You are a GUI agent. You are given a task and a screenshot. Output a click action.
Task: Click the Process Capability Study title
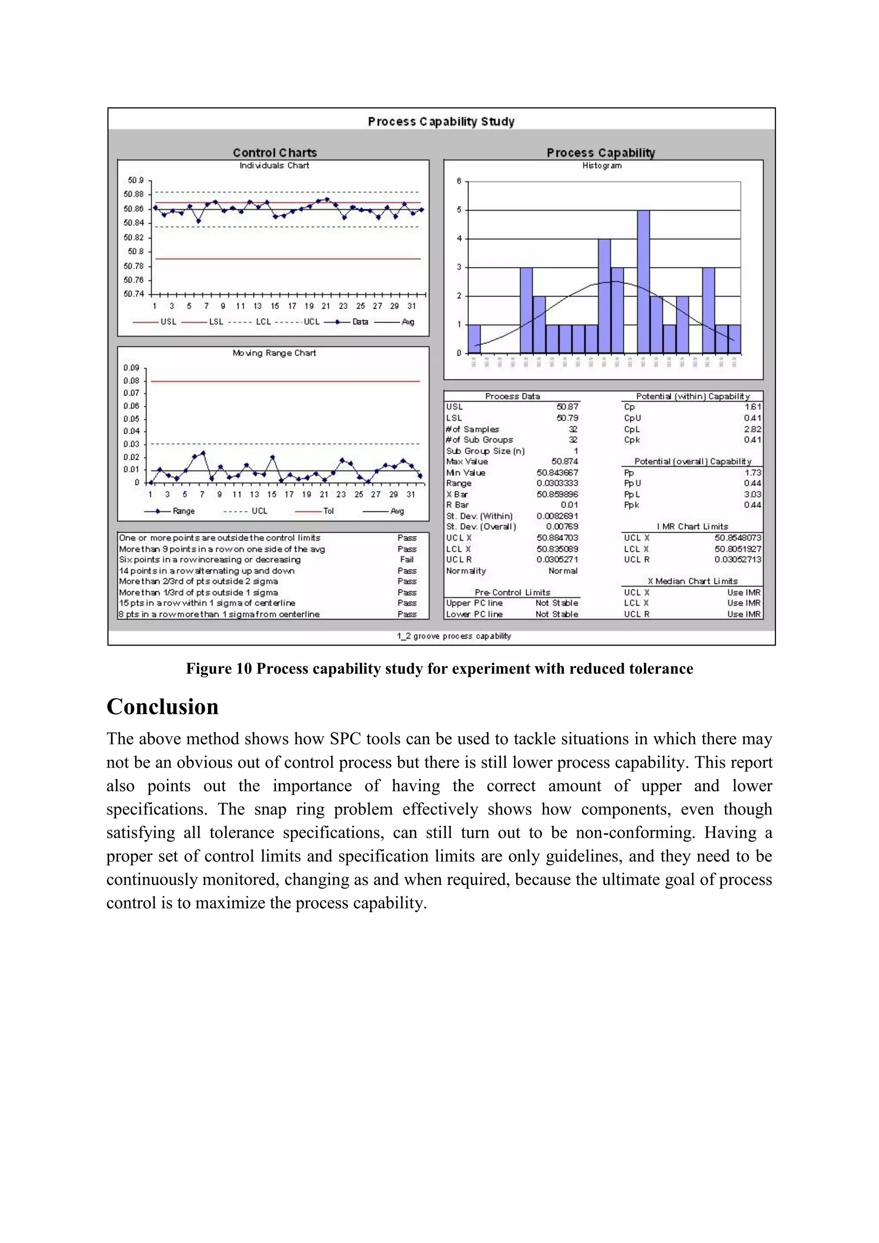pyautogui.click(x=441, y=121)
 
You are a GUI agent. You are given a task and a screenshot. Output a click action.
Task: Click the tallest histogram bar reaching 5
pyautogui.click(x=643, y=282)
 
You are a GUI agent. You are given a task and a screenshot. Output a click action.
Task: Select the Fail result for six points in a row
pyautogui.click(x=406, y=560)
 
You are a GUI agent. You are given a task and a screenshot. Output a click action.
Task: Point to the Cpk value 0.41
pyautogui.click(x=752, y=440)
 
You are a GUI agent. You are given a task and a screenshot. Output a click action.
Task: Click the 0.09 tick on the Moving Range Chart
pyautogui.click(x=131, y=367)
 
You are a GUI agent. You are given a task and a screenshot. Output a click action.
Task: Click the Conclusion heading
pyautogui.click(x=162, y=707)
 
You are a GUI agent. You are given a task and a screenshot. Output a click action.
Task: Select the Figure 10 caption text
pyautogui.click(x=439, y=669)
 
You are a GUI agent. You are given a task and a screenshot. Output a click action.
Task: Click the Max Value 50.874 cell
pyautogui.click(x=564, y=462)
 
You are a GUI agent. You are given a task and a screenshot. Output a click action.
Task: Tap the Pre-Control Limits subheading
pyautogui.click(x=512, y=592)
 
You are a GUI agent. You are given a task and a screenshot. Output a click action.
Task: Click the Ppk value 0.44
pyautogui.click(x=752, y=505)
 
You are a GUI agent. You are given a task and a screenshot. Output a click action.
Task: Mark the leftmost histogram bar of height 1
pyautogui.click(x=474, y=339)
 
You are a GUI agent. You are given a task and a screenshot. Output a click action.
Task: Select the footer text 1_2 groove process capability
pyautogui.click(x=454, y=636)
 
